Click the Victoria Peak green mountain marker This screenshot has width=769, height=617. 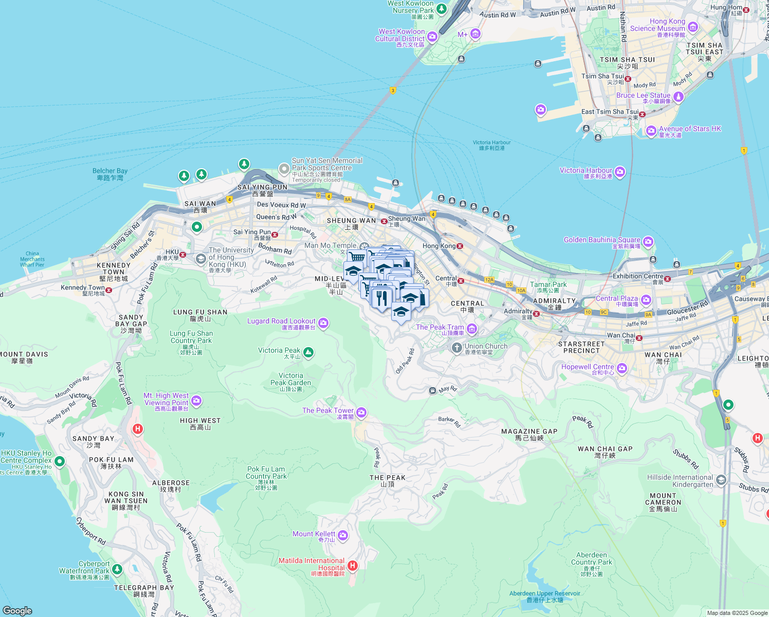(x=308, y=352)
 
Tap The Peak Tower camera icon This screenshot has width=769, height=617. (x=361, y=412)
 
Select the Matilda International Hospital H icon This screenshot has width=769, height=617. (x=352, y=566)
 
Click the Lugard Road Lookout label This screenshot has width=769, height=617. (x=281, y=321)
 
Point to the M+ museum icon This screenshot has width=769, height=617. (x=475, y=34)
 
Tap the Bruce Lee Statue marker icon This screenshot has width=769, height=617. (x=679, y=96)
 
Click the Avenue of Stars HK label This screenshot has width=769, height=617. (x=690, y=129)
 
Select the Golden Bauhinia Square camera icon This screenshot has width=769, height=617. (x=648, y=241)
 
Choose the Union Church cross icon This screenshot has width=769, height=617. (x=456, y=348)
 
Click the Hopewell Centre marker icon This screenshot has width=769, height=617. (x=622, y=368)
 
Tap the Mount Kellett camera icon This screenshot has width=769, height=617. (x=343, y=536)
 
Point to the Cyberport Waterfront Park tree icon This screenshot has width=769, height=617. (x=117, y=569)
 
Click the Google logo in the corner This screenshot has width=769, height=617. (x=17, y=610)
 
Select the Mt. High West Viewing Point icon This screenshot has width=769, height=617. (x=196, y=400)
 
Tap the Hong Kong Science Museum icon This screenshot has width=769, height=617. (x=693, y=27)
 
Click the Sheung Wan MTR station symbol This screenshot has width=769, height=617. (x=384, y=221)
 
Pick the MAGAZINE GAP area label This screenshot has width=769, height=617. (x=529, y=431)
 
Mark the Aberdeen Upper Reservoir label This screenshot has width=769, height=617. (x=544, y=593)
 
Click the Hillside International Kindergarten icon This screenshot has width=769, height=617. (x=721, y=480)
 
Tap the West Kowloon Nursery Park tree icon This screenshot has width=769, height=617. (x=441, y=9)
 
